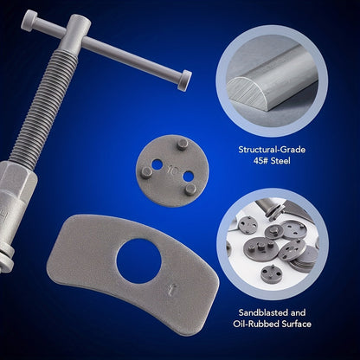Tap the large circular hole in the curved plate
pos(138,260)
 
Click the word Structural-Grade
pos(272,150)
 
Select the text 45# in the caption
pos(260,161)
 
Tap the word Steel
pos(280,161)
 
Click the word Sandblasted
pos(263,312)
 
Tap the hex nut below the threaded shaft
pos(17,184)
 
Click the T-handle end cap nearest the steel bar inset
pos(184,80)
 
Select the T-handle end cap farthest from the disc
pos(29,20)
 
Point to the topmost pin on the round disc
pos(183,144)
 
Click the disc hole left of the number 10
pos(157,164)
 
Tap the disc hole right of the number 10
pos(188,176)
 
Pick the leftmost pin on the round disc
pos(147,173)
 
